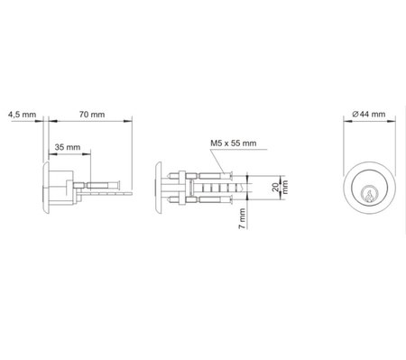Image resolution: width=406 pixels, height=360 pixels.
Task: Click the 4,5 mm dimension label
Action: (22, 115)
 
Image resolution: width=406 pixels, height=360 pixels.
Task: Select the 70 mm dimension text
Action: (92, 115)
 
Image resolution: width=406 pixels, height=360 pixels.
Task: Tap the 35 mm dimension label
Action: (68, 147)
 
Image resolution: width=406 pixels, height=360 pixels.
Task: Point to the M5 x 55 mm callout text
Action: (234, 143)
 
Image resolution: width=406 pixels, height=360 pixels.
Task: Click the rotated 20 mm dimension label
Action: (280, 187)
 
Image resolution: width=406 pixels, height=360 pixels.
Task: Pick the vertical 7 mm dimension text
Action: (242, 218)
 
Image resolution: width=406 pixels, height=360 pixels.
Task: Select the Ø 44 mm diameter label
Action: (369, 115)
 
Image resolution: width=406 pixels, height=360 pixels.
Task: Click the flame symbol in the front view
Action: (369, 195)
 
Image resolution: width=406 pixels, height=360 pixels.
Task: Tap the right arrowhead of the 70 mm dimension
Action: (128, 121)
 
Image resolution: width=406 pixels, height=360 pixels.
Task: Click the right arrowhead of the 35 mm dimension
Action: (87, 154)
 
